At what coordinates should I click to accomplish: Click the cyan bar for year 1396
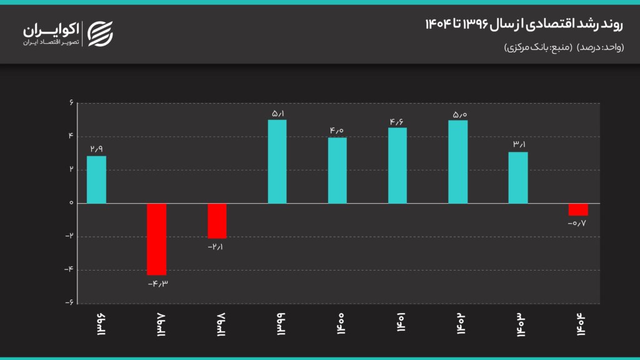point(96,179)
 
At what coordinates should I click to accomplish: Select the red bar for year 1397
point(157,239)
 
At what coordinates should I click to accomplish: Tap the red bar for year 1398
point(217,221)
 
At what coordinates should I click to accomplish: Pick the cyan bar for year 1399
point(277,162)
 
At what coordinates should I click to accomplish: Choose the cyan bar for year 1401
point(397,165)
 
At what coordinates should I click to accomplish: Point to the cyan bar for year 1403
point(518,177)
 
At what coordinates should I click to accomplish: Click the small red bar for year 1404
point(578,209)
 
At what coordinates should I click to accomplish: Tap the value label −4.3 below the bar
point(158,284)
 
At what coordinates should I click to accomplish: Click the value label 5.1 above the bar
point(278,114)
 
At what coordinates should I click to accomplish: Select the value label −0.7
point(577,223)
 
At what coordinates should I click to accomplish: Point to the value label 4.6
point(397,122)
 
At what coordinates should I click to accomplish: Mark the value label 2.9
point(97,149)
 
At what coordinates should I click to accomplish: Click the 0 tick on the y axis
point(71,203)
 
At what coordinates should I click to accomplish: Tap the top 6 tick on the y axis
point(71,102)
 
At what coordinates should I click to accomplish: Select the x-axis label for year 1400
point(341,324)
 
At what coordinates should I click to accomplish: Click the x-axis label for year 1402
point(461,324)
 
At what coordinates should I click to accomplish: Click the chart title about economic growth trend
point(524,24)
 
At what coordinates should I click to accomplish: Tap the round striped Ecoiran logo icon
point(101,34)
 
